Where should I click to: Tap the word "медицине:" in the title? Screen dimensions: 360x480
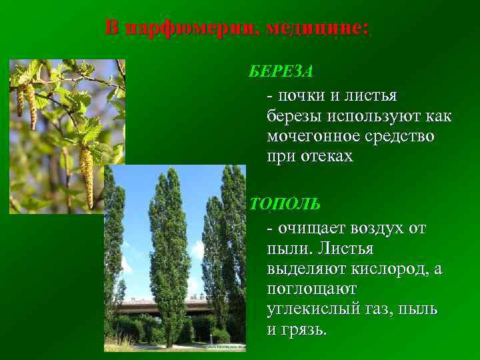click(x=317, y=28)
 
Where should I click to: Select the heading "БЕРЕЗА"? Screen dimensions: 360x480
click(x=281, y=71)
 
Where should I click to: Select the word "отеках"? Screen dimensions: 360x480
click(x=323, y=157)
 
